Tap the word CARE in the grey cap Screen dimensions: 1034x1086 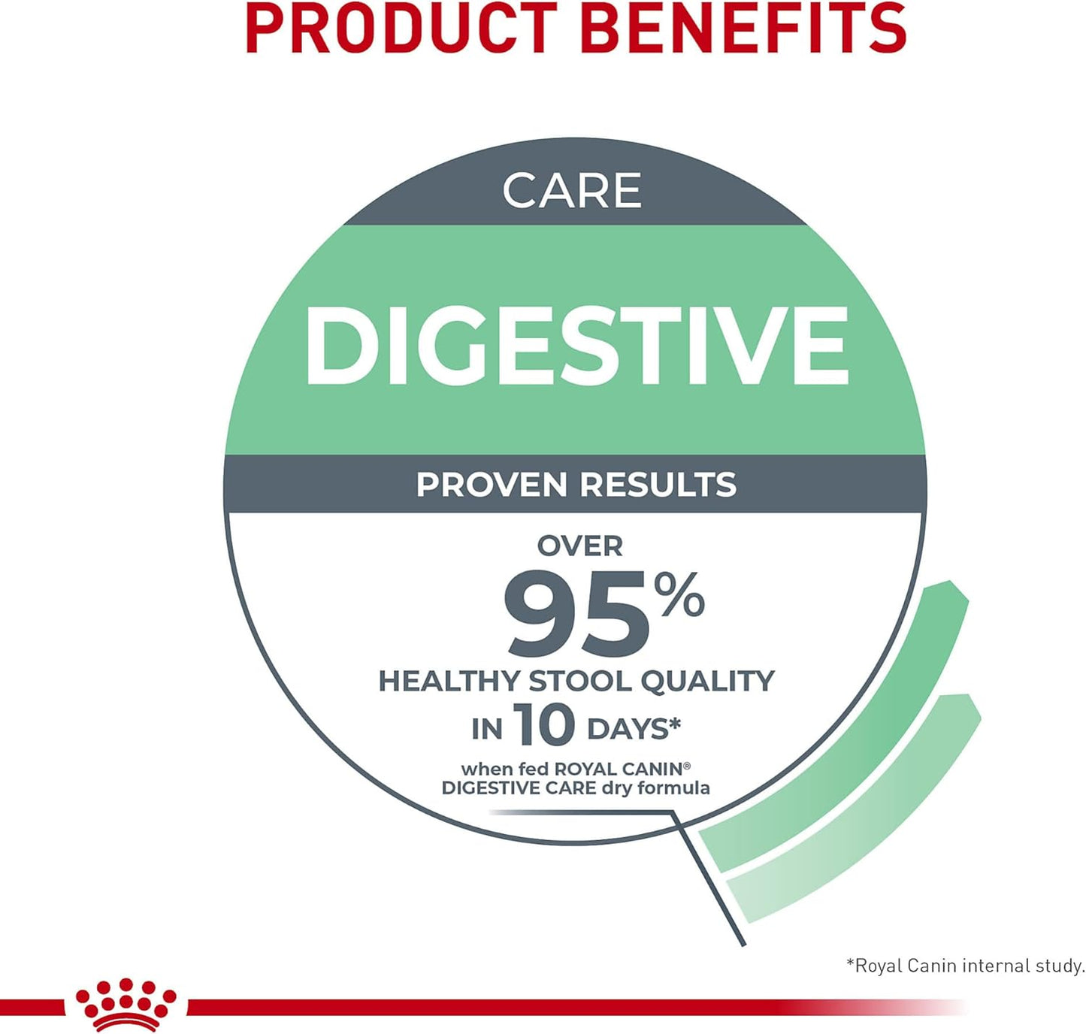click(x=572, y=191)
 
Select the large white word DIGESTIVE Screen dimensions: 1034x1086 click(x=576, y=346)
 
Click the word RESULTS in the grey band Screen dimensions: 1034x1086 click(x=658, y=485)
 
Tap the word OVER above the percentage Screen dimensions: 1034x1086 click(x=579, y=546)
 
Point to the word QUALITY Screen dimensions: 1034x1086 click(x=707, y=682)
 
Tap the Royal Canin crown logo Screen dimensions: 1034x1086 click(x=126, y=1004)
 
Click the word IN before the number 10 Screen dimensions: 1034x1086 click(x=486, y=729)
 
